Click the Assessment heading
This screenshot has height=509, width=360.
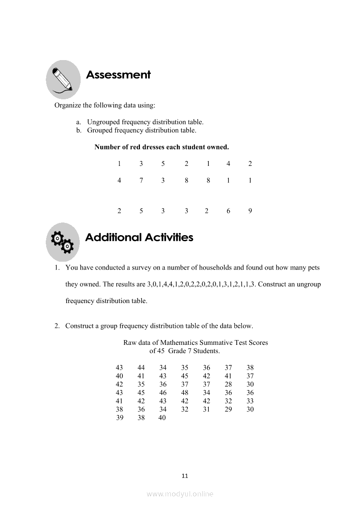[x=118, y=75]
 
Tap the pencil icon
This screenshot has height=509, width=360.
[x=63, y=80]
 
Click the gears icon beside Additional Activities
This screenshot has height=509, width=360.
[x=63, y=242]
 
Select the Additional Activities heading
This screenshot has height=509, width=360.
[x=139, y=238]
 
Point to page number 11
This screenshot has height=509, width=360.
[x=184, y=476]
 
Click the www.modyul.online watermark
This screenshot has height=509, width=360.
[x=180, y=494]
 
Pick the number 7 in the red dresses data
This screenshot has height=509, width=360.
[x=141, y=180]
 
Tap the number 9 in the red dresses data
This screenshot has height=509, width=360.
[x=250, y=211]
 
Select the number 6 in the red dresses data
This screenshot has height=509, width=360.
[x=228, y=211]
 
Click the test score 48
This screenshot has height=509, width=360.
[x=184, y=393]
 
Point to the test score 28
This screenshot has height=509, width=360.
[x=228, y=384]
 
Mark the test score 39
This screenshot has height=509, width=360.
[x=119, y=418]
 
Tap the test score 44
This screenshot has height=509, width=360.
[x=141, y=368]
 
